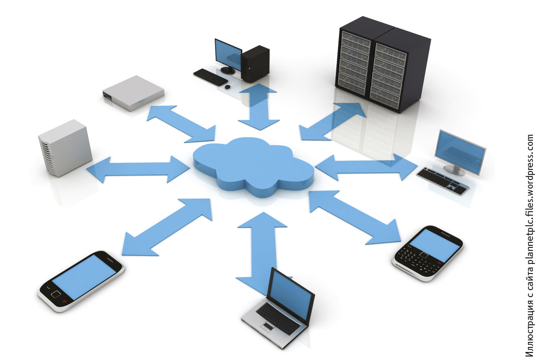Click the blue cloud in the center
point(254,167)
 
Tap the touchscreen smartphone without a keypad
point(81,281)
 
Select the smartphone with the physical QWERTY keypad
point(427,253)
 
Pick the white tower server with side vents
point(65,148)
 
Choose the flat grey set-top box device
point(133,93)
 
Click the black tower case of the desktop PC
point(255,64)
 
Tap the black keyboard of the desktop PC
point(210,77)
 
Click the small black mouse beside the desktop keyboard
point(227,86)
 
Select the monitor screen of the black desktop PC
point(228,54)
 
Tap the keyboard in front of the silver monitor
point(443,181)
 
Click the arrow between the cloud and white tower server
point(137,169)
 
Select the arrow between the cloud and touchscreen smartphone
point(167,227)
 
